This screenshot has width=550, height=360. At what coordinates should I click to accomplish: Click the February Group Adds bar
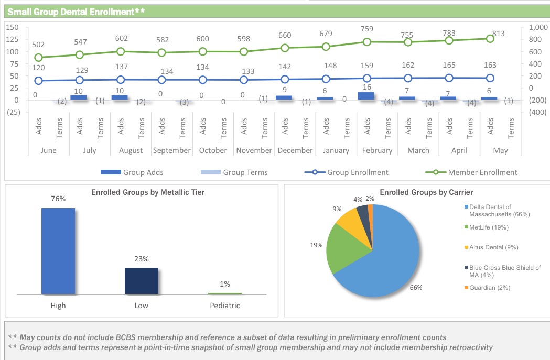click(366, 96)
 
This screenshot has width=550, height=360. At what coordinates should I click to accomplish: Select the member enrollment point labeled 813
click(490, 38)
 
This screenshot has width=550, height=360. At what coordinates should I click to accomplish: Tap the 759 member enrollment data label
click(367, 29)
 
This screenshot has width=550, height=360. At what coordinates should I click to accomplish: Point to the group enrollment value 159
click(367, 66)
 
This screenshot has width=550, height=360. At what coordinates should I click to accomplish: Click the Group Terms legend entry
click(234, 172)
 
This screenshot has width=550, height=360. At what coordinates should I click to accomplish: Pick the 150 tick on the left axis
click(13, 27)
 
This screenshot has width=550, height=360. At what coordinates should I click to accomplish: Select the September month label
click(171, 150)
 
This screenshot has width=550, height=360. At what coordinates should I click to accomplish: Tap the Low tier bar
click(141, 281)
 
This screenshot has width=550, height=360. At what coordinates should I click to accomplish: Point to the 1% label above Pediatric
click(224, 284)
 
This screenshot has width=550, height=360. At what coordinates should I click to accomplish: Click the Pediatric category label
click(224, 305)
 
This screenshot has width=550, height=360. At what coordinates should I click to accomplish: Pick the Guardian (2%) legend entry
click(489, 288)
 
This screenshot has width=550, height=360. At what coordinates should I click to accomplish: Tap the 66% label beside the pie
click(416, 288)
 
